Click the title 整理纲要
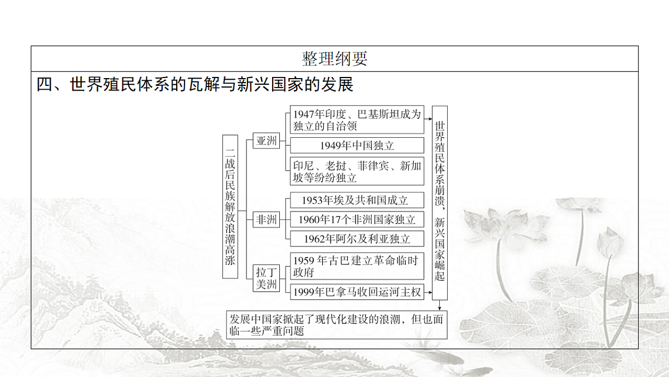[334, 59]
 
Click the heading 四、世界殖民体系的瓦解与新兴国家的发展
[195, 84]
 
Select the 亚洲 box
[266, 141]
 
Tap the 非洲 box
[266, 220]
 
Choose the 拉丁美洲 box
[266, 278]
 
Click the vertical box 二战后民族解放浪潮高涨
[230, 206]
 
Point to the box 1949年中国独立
[357, 146]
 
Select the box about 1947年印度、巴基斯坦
[357, 119]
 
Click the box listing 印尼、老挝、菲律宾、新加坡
[357, 171]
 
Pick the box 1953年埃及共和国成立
[357, 200]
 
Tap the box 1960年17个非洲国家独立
[357, 220]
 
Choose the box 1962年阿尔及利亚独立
[357, 239]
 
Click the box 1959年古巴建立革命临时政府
[357, 266]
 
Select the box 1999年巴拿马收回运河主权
[357, 292]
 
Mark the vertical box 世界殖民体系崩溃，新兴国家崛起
[440, 203]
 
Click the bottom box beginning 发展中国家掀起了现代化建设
[337, 325]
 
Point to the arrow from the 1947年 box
[428, 119]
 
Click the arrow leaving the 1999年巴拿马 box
[428, 292]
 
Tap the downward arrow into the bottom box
[440, 305]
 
